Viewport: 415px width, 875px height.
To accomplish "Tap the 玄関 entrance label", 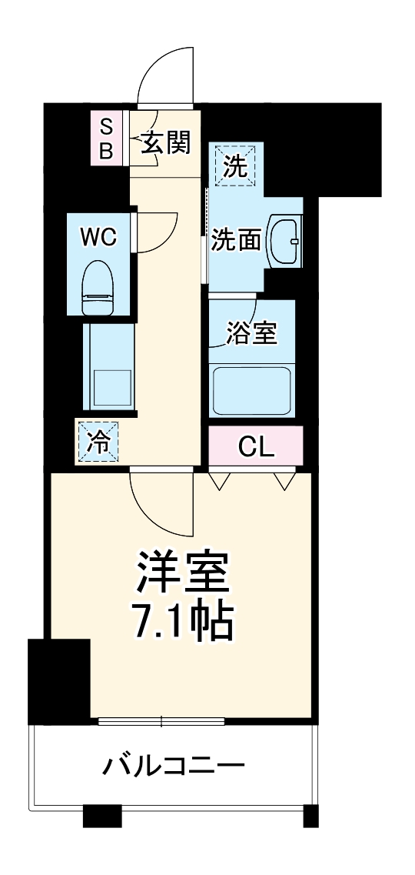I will [x=165, y=142].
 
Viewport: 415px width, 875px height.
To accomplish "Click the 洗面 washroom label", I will [x=237, y=241].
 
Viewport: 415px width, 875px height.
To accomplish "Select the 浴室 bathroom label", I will [x=251, y=335].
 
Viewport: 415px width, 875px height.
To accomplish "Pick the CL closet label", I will [x=256, y=446].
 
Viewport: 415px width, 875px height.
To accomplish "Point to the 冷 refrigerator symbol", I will [x=98, y=442].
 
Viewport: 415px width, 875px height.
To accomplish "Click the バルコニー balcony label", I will [x=174, y=766].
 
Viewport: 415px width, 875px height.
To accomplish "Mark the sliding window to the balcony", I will [x=161, y=721].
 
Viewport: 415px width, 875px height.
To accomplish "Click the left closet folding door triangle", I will [x=220, y=480].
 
